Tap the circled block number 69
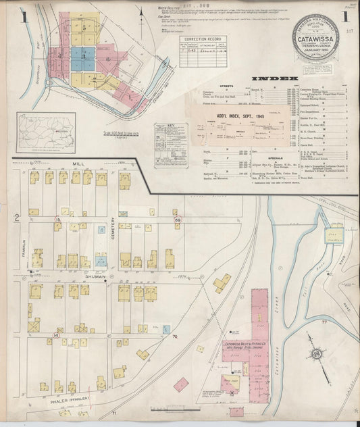point(178,221)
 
